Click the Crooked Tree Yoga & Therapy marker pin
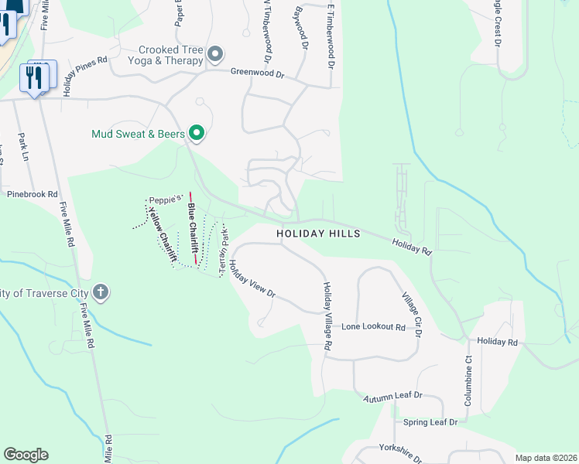[x=215, y=54]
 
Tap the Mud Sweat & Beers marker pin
[x=197, y=134]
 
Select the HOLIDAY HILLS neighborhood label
[x=319, y=233]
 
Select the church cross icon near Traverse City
[x=99, y=292]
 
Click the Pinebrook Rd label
[x=30, y=194]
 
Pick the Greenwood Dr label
[x=259, y=73]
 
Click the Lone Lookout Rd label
[x=374, y=328]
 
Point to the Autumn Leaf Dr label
[x=392, y=396]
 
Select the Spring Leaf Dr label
[x=430, y=422]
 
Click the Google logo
[x=26, y=455]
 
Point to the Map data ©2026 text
[x=546, y=458]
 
